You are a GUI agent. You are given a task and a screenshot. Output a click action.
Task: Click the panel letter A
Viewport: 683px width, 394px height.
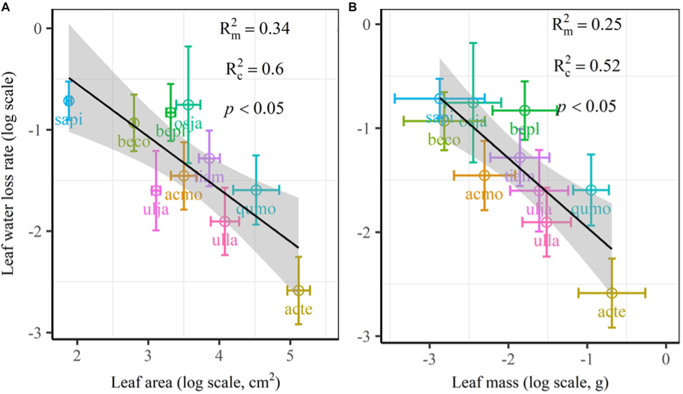6,6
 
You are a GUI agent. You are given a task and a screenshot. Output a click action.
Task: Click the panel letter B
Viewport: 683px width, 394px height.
354,6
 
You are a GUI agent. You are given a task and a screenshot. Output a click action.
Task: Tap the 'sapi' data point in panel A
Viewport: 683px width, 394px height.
68,101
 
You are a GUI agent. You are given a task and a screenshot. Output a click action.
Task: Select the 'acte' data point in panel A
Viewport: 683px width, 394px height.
298,290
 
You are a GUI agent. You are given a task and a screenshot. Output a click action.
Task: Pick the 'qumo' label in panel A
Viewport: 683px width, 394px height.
256,208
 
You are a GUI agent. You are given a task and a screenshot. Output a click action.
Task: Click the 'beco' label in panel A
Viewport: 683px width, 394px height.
134,141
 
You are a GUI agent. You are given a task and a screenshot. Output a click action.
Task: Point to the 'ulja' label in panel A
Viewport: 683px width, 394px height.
155,209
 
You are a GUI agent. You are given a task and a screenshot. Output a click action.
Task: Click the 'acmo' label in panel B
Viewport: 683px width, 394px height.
484,194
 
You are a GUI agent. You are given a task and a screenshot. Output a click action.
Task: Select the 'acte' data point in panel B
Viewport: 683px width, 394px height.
612,293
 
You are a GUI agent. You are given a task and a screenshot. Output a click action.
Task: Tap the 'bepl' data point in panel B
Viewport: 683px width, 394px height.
525,110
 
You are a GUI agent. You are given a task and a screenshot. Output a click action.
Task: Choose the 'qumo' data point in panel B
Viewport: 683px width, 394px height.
591,189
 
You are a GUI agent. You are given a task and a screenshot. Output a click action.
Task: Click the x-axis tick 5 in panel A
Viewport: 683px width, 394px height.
290,356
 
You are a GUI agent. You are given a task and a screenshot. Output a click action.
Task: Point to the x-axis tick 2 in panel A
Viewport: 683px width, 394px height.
77,356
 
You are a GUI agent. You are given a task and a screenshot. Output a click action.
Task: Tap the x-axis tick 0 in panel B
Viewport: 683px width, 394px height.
666,360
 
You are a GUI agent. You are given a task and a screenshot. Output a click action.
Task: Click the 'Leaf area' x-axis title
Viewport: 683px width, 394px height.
184,381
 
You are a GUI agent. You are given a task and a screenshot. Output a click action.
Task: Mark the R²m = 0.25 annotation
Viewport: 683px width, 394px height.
586,26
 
